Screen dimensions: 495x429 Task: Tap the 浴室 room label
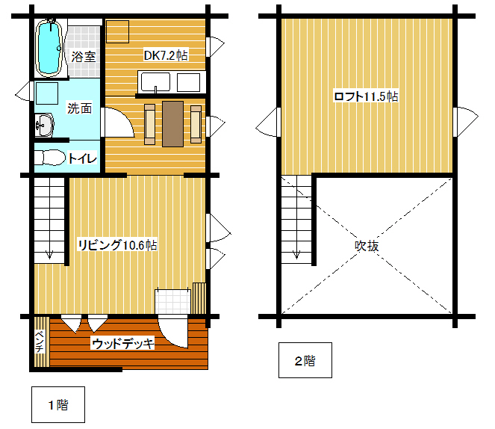click(84, 57)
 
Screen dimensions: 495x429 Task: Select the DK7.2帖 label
click(166, 55)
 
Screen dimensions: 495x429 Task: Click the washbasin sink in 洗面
click(44, 125)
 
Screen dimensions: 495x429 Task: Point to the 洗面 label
click(80, 108)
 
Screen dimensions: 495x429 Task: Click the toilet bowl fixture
click(49, 157)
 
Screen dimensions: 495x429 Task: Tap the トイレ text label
click(82, 158)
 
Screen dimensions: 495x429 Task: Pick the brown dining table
click(172, 124)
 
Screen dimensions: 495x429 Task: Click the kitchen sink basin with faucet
click(155, 82)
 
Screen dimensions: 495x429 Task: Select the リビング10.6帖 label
click(117, 245)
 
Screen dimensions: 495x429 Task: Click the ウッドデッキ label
click(122, 343)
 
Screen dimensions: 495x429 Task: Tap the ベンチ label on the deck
click(40, 342)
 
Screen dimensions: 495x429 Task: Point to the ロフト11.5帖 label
click(366, 96)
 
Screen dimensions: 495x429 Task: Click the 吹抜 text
click(367, 246)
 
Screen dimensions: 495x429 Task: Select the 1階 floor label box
click(58, 404)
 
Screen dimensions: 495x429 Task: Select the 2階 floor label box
click(305, 360)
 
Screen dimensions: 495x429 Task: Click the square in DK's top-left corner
click(117, 31)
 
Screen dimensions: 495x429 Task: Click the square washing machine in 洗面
click(47, 93)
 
